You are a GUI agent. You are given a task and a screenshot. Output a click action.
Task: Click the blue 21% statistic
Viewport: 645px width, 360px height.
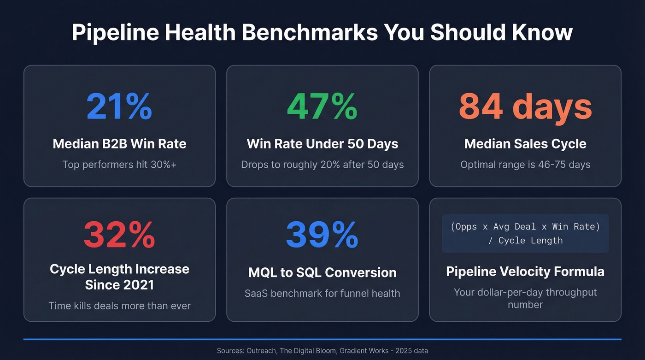[119, 106]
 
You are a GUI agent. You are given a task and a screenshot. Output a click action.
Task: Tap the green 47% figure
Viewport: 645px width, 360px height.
[322, 106]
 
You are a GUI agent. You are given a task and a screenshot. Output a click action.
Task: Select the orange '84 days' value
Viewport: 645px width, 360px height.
[525, 106]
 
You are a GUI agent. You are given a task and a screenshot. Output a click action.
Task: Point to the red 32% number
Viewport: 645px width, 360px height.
[119, 235]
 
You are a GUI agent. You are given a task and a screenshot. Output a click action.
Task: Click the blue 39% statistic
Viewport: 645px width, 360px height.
[322, 235]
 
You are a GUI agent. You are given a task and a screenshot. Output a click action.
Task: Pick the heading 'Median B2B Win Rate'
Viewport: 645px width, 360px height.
[119, 144]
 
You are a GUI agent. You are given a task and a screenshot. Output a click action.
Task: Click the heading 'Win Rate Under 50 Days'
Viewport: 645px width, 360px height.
[322, 144]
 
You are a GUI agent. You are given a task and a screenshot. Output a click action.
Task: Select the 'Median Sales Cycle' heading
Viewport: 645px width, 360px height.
[525, 144]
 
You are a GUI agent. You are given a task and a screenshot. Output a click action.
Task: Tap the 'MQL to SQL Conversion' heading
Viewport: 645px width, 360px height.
[322, 272]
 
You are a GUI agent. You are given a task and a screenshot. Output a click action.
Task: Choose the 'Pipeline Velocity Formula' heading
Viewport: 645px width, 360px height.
[525, 271]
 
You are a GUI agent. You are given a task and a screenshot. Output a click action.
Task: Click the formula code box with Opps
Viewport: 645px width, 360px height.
[525, 233]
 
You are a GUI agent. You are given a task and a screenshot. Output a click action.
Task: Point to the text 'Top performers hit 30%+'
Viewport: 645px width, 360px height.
[119, 165]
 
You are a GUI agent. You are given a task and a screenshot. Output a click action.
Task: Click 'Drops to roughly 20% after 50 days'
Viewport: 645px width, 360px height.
[322, 165]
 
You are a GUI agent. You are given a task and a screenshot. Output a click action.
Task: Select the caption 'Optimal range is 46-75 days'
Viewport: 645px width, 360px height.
[525, 165]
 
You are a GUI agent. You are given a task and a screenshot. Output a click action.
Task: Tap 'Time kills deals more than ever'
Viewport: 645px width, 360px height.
[119, 305]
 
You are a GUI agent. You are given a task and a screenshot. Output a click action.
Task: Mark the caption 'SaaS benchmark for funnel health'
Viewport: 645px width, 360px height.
[322, 293]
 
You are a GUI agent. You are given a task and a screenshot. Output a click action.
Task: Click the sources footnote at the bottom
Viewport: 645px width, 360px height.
[322, 351]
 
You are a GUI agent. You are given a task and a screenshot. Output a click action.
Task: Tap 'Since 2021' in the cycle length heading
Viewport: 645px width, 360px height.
[119, 285]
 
